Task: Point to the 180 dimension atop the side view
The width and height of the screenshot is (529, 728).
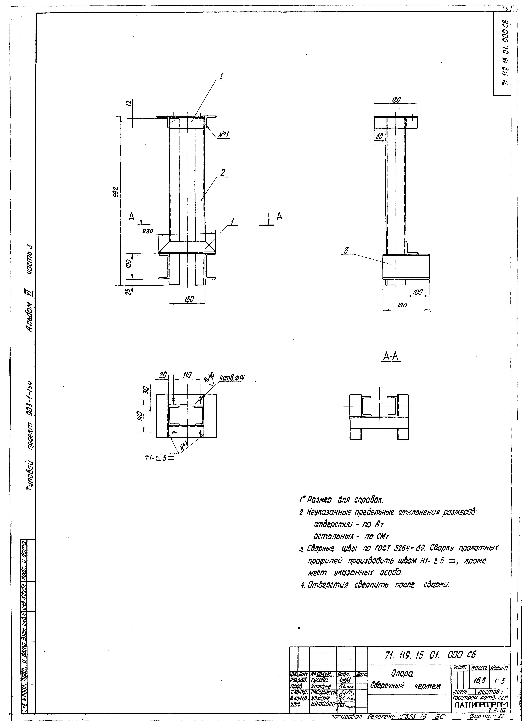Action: pyautogui.click(x=396, y=100)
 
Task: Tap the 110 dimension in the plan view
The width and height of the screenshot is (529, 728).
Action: pyautogui.click(x=187, y=375)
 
